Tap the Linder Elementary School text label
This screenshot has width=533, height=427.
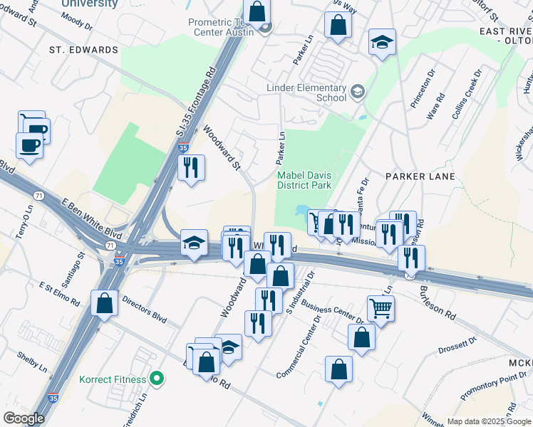point(306,93)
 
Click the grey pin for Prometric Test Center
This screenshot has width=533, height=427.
point(265,29)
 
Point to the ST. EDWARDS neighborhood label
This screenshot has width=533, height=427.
point(83,51)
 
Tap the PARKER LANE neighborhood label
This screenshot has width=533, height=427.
point(415,175)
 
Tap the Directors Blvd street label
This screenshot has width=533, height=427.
point(143,310)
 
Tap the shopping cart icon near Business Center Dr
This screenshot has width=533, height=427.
point(381,309)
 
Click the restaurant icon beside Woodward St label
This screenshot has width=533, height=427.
point(190,168)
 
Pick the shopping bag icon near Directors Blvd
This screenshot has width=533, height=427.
point(104,302)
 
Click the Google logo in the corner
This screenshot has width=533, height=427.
point(24,418)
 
